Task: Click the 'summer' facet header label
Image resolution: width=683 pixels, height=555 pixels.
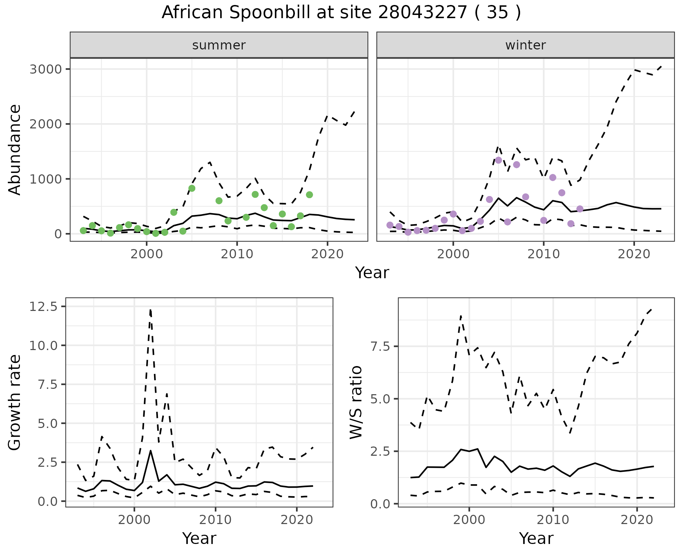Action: [x=219, y=45]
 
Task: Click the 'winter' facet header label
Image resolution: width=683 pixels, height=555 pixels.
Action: [x=525, y=45]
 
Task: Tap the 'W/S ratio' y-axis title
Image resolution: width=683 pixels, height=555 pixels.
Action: [x=356, y=402]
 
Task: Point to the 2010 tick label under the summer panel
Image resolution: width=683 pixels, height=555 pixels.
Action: [x=237, y=254]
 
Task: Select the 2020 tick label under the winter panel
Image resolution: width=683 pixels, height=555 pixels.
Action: [x=634, y=254]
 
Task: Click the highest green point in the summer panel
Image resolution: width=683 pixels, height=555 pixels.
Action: [x=192, y=188]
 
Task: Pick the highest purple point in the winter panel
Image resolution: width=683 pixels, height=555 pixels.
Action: [x=498, y=160]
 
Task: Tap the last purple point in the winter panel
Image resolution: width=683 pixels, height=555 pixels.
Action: [x=580, y=209]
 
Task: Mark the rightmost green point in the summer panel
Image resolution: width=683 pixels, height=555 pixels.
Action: [x=309, y=195]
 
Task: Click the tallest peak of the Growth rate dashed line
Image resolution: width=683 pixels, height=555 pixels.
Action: [x=150, y=310]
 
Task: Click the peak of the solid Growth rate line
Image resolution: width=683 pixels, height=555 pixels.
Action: [x=150, y=450]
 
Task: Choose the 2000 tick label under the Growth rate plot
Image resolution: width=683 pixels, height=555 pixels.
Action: [x=134, y=520]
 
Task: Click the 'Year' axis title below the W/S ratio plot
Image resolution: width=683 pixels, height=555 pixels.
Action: [x=536, y=538]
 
